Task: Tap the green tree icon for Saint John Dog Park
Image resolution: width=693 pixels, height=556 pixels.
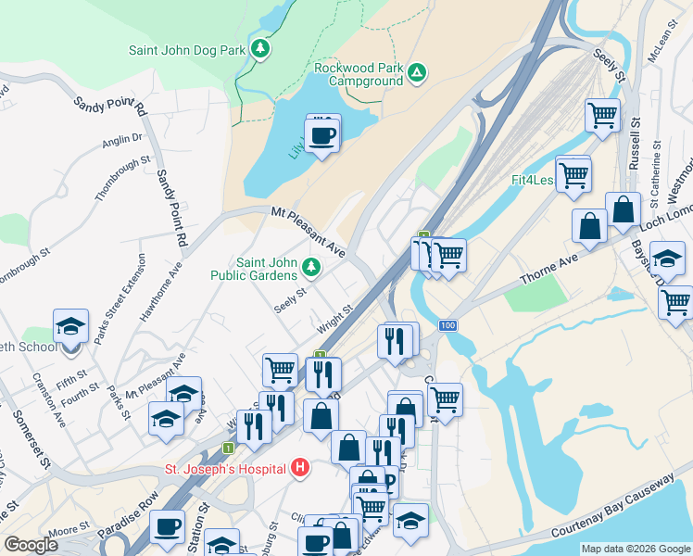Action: click(261, 48)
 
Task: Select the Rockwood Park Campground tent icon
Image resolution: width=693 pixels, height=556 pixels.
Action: click(418, 71)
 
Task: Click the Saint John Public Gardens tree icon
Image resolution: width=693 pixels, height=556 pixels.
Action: click(312, 269)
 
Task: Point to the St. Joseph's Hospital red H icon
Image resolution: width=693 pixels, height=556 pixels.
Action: click(299, 468)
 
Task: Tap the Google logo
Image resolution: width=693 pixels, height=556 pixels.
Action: click(31, 545)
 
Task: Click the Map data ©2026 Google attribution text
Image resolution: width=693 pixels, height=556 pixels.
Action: click(636, 549)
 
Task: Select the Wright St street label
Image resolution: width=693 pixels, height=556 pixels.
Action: click(334, 320)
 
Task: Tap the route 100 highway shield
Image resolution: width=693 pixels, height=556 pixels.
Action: click(448, 325)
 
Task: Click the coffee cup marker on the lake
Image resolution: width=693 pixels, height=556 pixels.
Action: click(322, 135)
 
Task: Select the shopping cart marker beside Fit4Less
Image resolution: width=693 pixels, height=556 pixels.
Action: click(573, 173)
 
